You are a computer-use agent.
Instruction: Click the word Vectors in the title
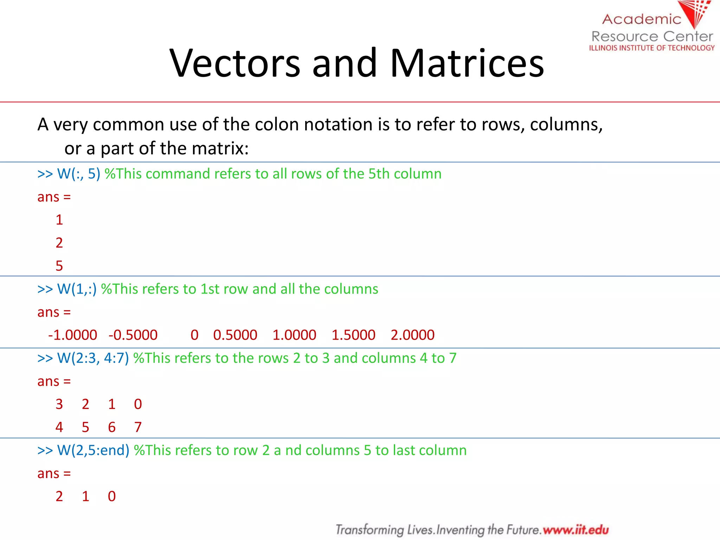pyautogui.click(x=235, y=63)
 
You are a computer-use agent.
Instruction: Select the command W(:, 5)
pyautogui.click(x=79, y=174)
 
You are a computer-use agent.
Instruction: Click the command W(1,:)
pyautogui.click(x=77, y=289)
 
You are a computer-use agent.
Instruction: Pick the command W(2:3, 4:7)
pyautogui.click(x=93, y=358)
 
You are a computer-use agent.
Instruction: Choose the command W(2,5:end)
pyautogui.click(x=93, y=450)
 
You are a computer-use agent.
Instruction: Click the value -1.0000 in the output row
pyautogui.click(x=72, y=335)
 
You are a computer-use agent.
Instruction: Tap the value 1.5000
pyautogui.click(x=353, y=335)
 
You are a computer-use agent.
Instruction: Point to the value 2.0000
pyautogui.click(x=412, y=335)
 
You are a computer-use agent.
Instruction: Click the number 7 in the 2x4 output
pyautogui.click(x=138, y=427)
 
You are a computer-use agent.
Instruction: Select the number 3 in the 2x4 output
pyautogui.click(x=59, y=404)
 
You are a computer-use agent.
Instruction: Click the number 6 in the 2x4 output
pyautogui.click(x=112, y=427)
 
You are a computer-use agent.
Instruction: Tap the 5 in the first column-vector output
pyautogui.click(x=59, y=266)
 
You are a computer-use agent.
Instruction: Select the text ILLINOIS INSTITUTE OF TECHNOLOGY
pyautogui.click(x=652, y=48)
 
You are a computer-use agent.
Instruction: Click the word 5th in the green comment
pyautogui.click(x=379, y=174)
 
